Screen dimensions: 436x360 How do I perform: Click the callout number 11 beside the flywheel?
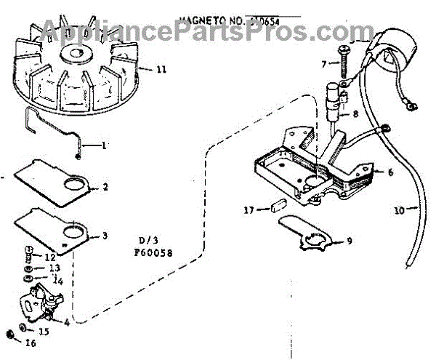coord(161,70)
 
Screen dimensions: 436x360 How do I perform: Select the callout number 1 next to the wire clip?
coord(105,145)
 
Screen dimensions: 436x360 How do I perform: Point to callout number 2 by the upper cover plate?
coord(105,187)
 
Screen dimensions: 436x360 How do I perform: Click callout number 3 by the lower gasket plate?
coord(105,236)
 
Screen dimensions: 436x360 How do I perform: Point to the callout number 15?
coord(44,331)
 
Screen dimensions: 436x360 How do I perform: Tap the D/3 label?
coord(147,240)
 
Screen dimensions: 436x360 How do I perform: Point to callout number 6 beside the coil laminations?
coord(390,173)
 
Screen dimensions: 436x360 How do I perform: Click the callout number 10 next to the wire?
coord(399,210)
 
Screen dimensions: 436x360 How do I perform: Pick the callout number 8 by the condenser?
coord(355,113)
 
